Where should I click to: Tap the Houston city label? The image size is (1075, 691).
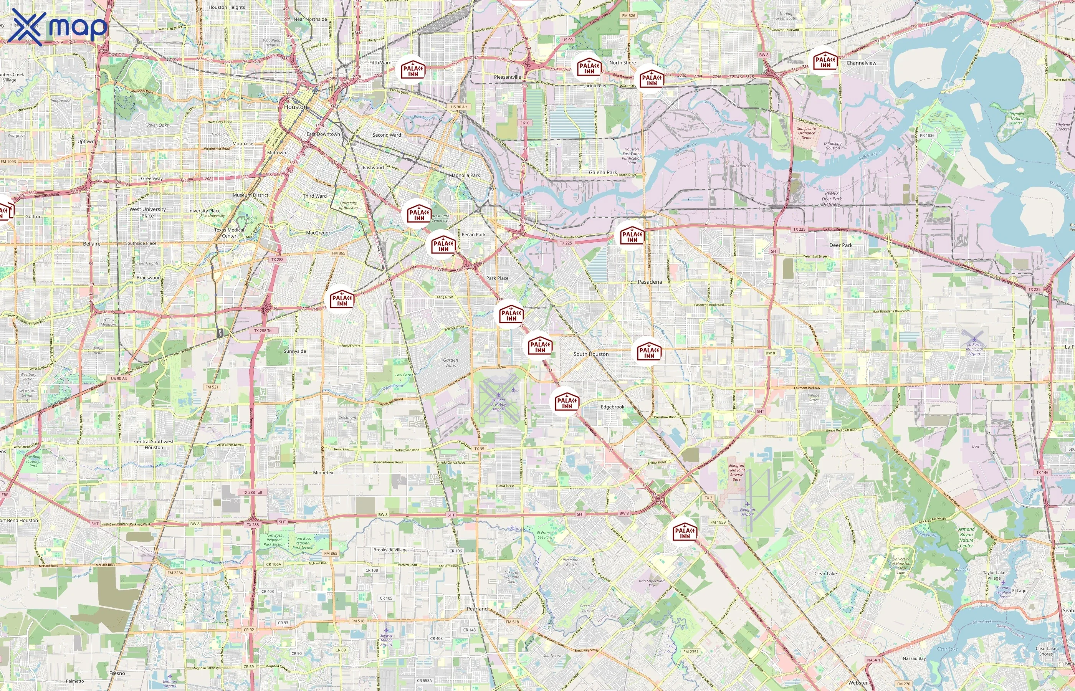[296, 107]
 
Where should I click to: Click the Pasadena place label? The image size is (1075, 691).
[650, 282]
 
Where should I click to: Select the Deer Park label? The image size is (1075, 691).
[841, 245]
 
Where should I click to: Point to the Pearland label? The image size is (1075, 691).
[477, 609]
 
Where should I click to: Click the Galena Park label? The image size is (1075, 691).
[602, 172]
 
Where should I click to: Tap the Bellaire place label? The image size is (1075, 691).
[91, 244]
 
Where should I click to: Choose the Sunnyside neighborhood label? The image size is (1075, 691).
[295, 351]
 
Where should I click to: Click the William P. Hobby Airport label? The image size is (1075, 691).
[498, 404]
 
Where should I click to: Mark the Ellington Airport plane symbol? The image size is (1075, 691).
[747, 504]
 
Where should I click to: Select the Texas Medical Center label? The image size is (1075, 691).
[229, 232]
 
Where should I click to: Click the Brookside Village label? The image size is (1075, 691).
[390, 550]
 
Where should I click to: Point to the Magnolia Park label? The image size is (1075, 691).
[465, 175]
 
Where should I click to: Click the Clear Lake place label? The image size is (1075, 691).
[825, 574]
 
